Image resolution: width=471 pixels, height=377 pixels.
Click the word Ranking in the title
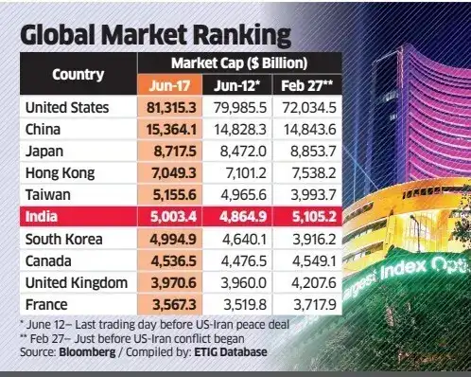[x=241, y=35]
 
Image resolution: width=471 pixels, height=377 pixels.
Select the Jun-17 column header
[x=169, y=85]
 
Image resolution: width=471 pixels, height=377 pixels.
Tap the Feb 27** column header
[x=306, y=85]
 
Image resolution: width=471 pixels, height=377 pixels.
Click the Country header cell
[x=78, y=75]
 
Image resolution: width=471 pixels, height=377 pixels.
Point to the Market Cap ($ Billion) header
[x=239, y=63]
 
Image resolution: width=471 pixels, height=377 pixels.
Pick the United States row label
[x=67, y=107]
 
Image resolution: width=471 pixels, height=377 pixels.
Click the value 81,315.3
[x=171, y=108]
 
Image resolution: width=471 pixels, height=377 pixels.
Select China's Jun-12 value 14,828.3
[x=240, y=130]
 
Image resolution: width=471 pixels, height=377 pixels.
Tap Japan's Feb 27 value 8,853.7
[x=313, y=152]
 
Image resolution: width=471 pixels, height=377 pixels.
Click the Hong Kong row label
[x=60, y=173]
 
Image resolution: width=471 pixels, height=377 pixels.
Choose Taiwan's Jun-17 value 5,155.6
[x=175, y=195]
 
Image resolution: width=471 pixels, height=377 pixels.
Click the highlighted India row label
[x=42, y=217]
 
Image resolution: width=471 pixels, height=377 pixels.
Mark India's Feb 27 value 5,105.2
[x=314, y=217]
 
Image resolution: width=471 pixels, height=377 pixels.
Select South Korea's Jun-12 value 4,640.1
[x=244, y=240]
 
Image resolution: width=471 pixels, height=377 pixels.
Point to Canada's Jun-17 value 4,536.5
[x=173, y=261]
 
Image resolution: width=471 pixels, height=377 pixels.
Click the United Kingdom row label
[x=77, y=283]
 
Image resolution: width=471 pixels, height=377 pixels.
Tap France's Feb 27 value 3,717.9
[x=315, y=305]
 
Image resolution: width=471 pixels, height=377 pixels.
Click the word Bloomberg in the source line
[x=87, y=352]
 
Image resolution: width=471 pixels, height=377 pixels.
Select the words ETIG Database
[x=231, y=352]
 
